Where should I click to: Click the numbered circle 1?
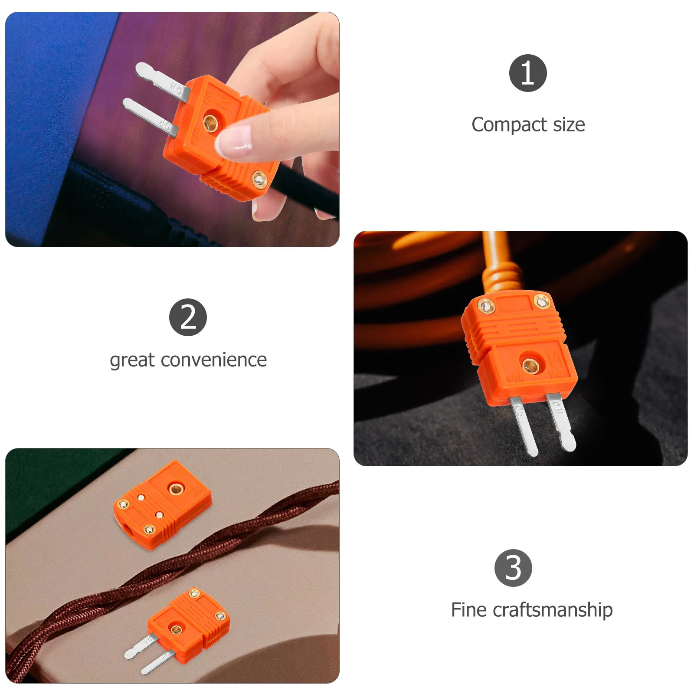click(527, 73)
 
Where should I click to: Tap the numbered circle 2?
click(188, 317)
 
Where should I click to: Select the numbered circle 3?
click(513, 568)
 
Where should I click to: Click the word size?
click(569, 125)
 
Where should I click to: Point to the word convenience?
click(213, 360)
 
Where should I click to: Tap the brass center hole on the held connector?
click(211, 123)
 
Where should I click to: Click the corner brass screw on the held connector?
click(259, 179)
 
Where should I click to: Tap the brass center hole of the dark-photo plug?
click(530, 365)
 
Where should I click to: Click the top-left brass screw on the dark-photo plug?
click(486, 306)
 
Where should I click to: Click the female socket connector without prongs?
click(162, 505)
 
